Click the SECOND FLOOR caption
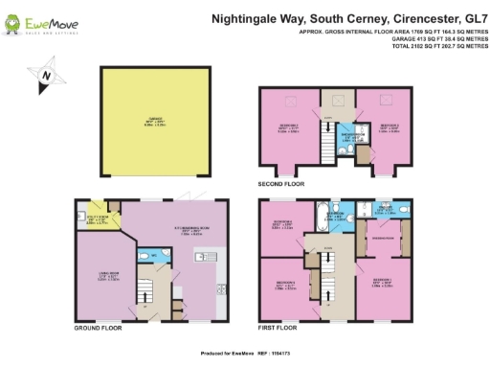pyautogui.click(x=280, y=182)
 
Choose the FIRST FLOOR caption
pyautogui.click(x=278, y=329)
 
